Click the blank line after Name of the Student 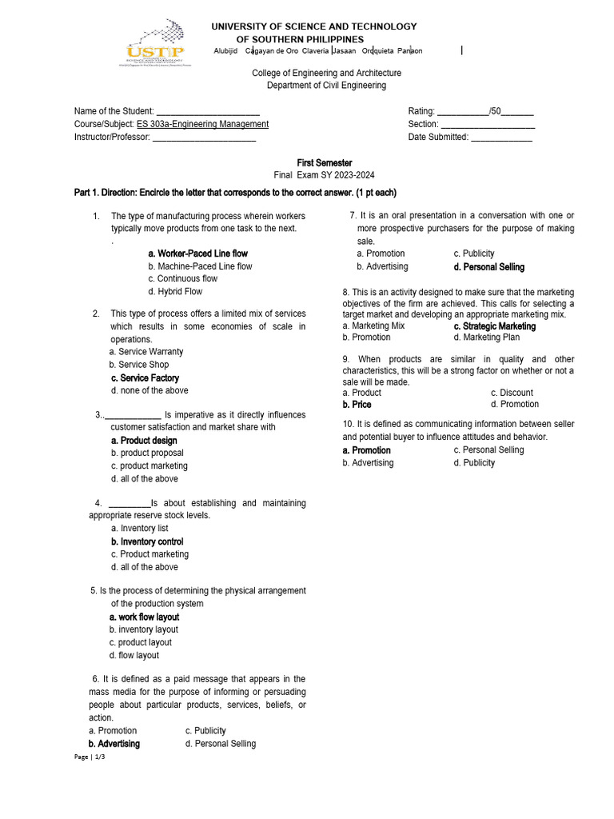coord(208,112)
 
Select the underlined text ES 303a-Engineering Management coord(202,124)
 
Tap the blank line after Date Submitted coord(501,138)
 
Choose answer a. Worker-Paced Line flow coord(197,254)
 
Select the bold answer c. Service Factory coord(145,378)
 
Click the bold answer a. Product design coord(144,441)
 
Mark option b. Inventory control coord(147,542)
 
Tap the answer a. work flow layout coord(144,617)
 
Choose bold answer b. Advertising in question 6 coord(114,744)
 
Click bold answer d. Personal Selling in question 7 coord(488,267)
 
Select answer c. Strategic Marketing coord(494,326)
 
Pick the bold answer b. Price coord(357,405)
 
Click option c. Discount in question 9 coord(512,393)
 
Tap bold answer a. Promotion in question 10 coord(366,450)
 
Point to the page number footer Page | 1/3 coord(89,757)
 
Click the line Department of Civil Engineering coord(326,86)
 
